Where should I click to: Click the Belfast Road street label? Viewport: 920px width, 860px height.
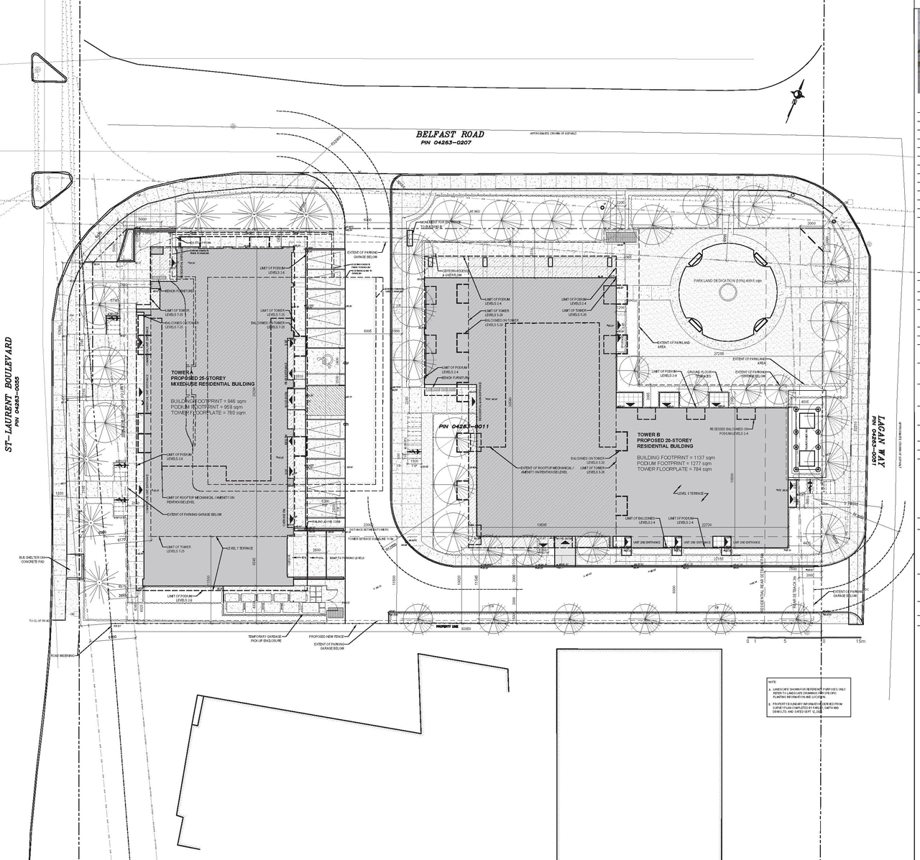coord(450,134)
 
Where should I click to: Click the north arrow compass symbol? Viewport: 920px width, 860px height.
coord(797,93)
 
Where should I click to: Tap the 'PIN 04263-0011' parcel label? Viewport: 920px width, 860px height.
coord(464,427)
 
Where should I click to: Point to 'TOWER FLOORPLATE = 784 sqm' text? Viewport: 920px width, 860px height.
coord(675,471)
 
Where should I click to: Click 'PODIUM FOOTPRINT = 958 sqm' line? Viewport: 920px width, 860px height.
coord(208,407)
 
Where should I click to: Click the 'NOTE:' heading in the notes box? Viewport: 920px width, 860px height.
coord(772,681)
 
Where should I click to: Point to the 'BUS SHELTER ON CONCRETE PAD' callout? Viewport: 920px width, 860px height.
coord(32,560)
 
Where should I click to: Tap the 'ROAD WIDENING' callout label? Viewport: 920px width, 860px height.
coord(64,655)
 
